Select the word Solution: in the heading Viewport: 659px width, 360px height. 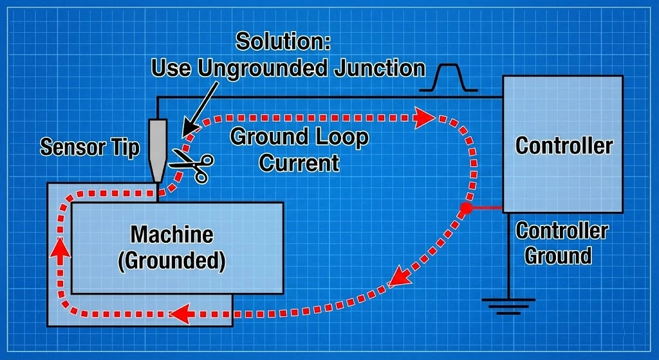click(283, 41)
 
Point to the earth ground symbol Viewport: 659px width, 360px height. click(508, 305)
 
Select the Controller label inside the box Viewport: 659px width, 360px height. click(564, 146)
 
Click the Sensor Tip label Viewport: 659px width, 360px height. click(89, 147)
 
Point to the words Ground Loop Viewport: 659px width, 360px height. click(299, 137)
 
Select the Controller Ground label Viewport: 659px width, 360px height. click(561, 243)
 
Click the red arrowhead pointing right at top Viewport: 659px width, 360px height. click(423, 118)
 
